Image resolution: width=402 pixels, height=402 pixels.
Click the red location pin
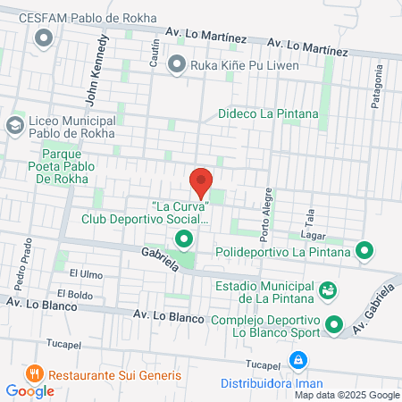pyautogui.click(x=201, y=183)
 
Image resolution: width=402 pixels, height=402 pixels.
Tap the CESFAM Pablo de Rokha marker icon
pyautogui.click(x=43, y=38)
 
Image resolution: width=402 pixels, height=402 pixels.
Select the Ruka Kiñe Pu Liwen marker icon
pyautogui.click(x=176, y=63)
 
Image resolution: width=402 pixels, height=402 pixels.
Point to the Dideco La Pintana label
pyautogui.click(x=261, y=114)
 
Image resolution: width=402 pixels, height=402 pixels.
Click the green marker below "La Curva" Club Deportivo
pyautogui.click(x=183, y=239)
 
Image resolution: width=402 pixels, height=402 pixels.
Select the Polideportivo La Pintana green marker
pyautogui.click(x=364, y=251)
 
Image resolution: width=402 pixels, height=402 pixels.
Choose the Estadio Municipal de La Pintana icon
pyautogui.click(x=328, y=290)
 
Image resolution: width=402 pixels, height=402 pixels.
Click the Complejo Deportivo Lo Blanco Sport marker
pyautogui.click(x=334, y=324)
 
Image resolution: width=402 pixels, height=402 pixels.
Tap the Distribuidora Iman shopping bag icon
pyautogui.click(x=298, y=360)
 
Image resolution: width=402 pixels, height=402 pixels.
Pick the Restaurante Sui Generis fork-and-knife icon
pyautogui.click(x=35, y=373)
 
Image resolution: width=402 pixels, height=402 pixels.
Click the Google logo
pyautogui.click(x=29, y=390)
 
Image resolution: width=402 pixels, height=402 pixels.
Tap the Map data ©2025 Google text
pyautogui.click(x=348, y=395)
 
